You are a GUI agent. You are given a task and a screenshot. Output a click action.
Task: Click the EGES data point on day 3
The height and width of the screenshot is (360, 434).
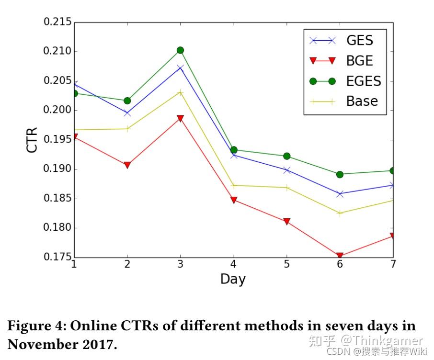pos(180,50)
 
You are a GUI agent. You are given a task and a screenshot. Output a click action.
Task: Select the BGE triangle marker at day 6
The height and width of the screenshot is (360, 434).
pos(340,257)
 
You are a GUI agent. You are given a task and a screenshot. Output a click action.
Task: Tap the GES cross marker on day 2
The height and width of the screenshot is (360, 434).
pos(127,113)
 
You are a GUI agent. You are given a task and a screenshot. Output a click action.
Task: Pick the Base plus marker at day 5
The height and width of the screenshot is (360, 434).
pos(286,188)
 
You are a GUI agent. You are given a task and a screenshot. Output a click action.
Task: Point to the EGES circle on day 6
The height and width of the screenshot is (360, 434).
pos(340,174)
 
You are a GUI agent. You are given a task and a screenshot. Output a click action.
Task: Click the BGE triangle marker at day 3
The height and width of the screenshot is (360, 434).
pos(180,118)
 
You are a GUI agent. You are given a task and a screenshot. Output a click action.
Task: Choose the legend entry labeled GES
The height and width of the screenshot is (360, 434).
pos(359,40)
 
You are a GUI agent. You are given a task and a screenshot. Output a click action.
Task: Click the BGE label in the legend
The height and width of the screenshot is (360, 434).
pos(359,61)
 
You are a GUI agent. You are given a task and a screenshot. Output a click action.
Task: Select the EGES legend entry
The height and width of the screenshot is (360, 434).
pos(364,81)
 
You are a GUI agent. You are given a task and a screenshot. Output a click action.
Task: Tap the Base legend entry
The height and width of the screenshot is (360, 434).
pos(362,101)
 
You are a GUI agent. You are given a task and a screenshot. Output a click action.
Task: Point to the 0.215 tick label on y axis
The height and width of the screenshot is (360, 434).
pos(57,22)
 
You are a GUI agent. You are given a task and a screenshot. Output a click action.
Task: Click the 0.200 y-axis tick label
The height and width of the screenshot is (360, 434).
pos(57,110)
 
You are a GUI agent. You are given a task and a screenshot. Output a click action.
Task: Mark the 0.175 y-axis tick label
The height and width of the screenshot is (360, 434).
pos(57,257)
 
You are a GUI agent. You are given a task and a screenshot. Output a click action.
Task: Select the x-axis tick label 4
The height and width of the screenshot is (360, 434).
pos(233,264)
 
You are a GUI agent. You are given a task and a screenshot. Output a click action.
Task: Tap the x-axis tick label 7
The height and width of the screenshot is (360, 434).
pos(393,264)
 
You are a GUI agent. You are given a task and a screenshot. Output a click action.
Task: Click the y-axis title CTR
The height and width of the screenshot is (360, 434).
pos(32,140)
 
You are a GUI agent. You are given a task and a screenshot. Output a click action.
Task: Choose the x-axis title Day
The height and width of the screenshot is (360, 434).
pos(233,279)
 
